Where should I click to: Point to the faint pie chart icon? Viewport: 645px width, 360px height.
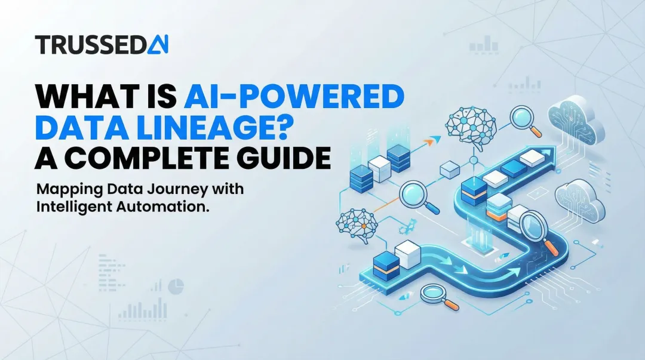pos(175,287)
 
